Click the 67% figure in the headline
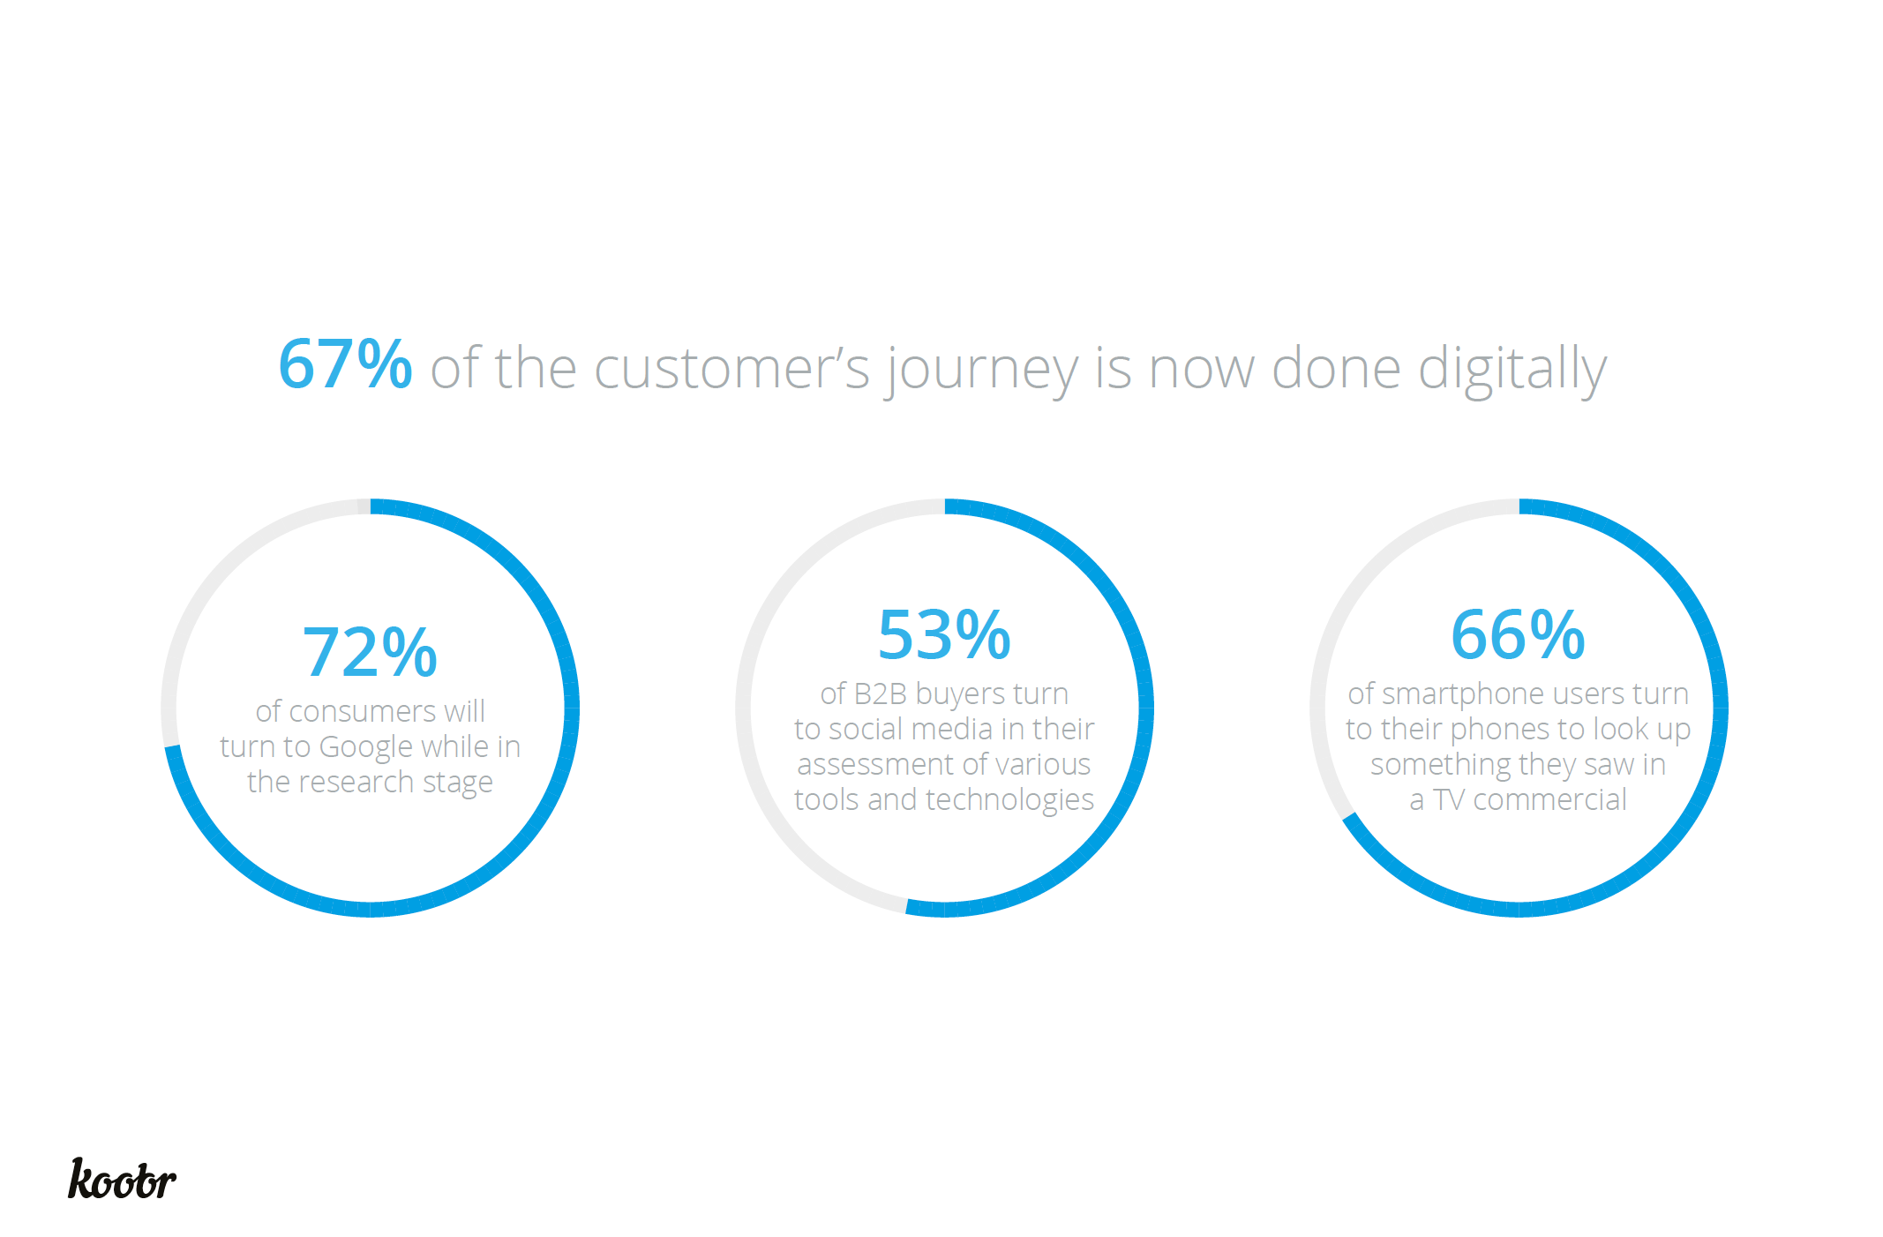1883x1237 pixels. click(345, 364)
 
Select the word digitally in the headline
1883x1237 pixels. click(1512, 369)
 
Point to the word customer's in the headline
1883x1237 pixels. click(732, 369)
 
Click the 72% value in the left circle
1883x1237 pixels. click(370, 653)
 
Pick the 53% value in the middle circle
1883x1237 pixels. click(944, 635)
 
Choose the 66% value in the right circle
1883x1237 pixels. click(1518, 635)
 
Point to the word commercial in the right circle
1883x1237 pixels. click(1550, 799)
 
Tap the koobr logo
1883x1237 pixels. click(122, 1179)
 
